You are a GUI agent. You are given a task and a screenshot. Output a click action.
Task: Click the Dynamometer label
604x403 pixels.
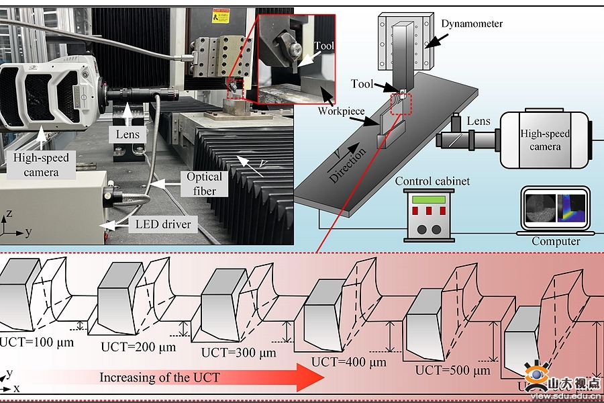click(x=472, y=24)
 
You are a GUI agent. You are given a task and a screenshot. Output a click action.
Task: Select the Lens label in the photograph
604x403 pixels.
click(x=128, y=134)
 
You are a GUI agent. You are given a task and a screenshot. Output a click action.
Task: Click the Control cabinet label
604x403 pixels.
click(x=432, y=181)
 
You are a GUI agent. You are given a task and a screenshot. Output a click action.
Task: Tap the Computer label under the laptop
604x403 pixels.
click(x=556, y=241)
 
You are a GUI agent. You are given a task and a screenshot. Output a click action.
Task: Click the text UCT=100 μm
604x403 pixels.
click(x=36, y=341)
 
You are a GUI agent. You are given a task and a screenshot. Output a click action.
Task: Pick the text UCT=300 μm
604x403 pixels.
click(x=239, y=352)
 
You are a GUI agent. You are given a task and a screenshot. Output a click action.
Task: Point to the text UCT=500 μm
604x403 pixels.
click(x=453, y=370)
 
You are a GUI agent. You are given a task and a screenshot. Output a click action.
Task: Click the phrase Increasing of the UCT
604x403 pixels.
click(x=159, y=377)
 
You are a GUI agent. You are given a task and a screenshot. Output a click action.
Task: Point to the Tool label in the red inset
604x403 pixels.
click(x=323, y=47)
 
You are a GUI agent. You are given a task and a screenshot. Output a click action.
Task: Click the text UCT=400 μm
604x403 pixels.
click(x=349, y=363)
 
